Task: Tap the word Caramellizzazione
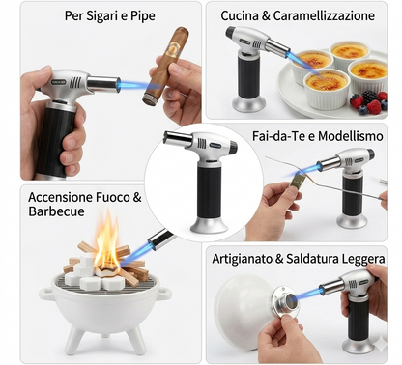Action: coord(324,15)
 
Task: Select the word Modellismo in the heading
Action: coord(351,136)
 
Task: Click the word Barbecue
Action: coord(57,211)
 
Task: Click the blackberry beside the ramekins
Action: coord(369,97)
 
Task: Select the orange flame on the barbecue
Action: coord(106,243)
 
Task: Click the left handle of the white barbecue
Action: coord(45,294)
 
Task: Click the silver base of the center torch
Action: coord(209,225)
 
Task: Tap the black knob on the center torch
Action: coord(233,147)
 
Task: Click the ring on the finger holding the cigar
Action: coord(183,94)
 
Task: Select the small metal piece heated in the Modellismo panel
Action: coord(297,183)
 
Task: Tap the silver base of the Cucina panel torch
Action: coord(249,104)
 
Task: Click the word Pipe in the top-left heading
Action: coord(143,15)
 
